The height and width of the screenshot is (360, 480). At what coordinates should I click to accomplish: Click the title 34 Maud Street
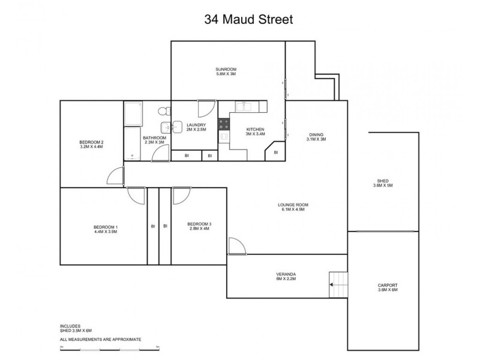click(x=248, y=20)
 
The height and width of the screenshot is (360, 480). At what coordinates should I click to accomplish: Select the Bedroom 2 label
click(x=91, y=144)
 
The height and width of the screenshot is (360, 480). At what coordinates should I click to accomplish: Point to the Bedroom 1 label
click(x=106, y=229)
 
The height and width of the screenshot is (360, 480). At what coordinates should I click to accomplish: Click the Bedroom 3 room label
click(x=199, y=226)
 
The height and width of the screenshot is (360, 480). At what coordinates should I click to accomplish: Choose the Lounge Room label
click(x=292, y=207)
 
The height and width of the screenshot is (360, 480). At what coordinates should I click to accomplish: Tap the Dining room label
click(x=316, y=137)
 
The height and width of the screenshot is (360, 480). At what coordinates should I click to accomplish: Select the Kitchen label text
click(x=255, y=133)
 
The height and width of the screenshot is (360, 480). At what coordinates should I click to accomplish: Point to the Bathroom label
click(x=154, y=140)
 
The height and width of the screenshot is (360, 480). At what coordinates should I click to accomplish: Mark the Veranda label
click(x=286, y=277)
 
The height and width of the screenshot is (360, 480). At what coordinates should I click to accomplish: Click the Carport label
click(x=388, y=287)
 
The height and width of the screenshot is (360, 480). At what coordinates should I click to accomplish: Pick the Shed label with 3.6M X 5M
click(x=383, y=183)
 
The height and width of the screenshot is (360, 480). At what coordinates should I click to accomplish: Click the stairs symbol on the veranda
click(x=338, y=283)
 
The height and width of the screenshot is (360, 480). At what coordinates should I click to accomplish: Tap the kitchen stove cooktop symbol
click(x=223, y=124)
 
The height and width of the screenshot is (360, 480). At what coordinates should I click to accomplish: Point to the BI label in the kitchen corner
click(x=275, y=152)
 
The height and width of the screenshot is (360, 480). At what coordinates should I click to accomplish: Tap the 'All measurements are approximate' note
click(x=100, y=339)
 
